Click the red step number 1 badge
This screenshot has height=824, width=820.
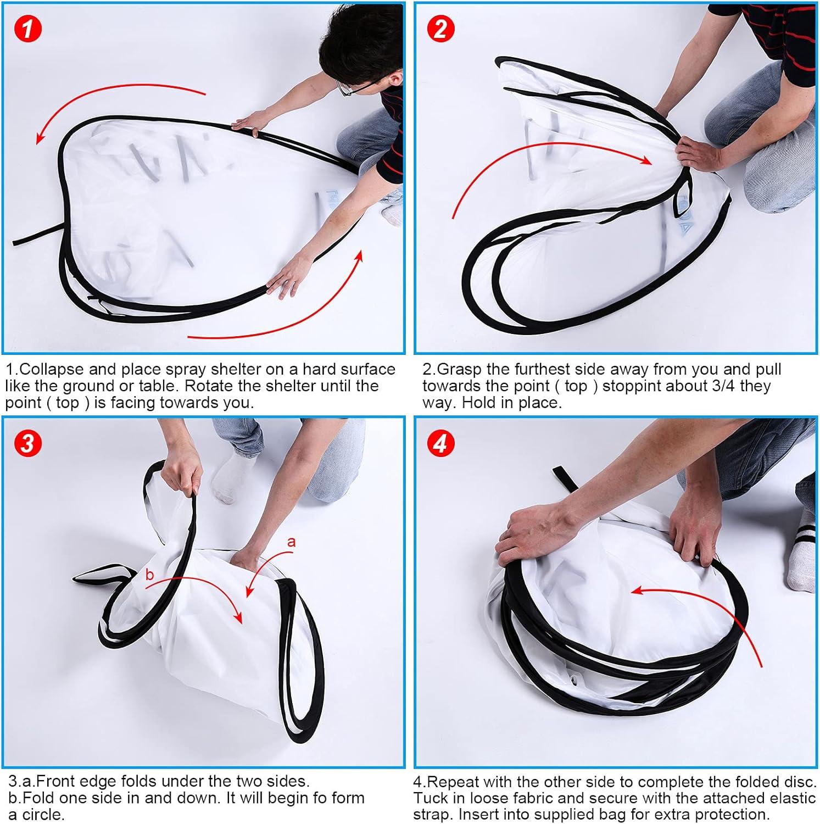(x=27, y=29)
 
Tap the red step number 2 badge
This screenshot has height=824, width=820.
(x=440, y=29)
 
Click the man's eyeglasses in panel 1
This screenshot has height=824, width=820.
(x=357, y=87)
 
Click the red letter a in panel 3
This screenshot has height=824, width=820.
(x=291, y=542)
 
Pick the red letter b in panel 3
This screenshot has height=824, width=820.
(x=149, y=575)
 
